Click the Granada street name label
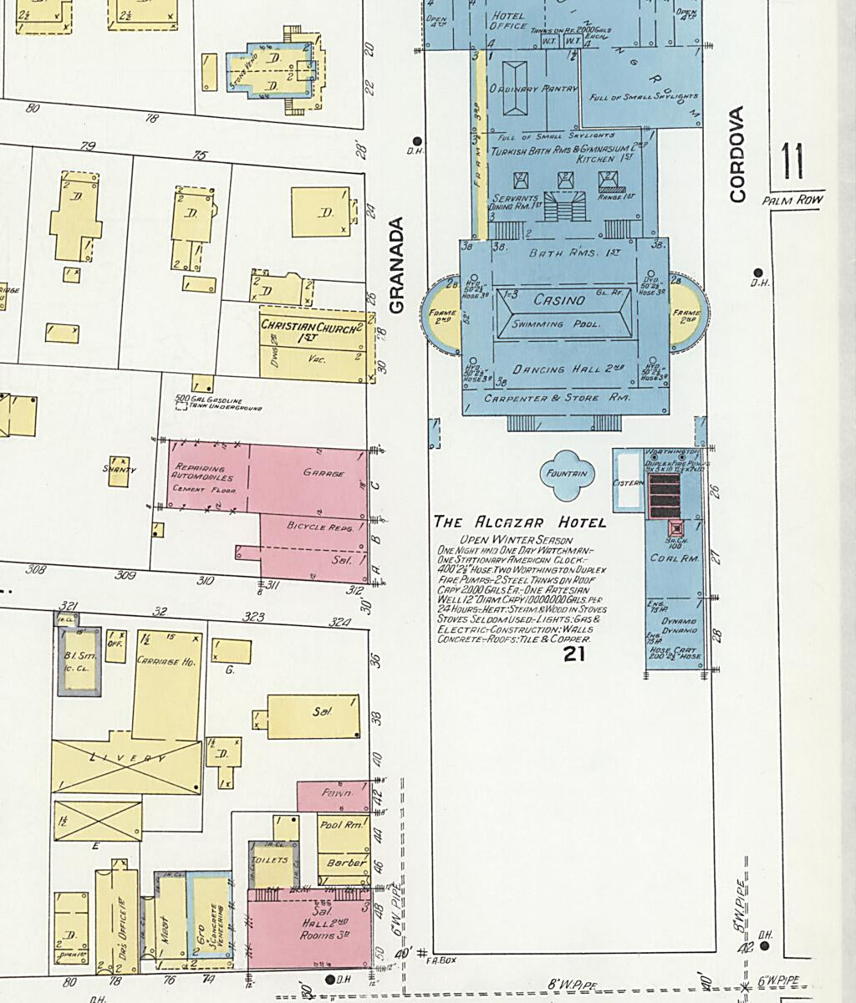click(x=396, y=266)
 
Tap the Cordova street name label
click(x=736, y=154)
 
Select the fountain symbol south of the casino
click(x=567, y=474)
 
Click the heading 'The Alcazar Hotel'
click(x=519, y=522)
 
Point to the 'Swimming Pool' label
click(x=557, y=323)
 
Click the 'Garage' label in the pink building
click(x=324, y=473)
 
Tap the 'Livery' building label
click(x=126, y=758)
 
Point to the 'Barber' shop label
click(x=345, y=863)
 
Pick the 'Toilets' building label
click(x=273, y=859)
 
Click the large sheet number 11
click(x=793, y=162)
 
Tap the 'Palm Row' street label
click(x=792, y=201)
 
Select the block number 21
click(x=573, y=654)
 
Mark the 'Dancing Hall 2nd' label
click(x=562, y=369)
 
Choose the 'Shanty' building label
click(x=120, y=470)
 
